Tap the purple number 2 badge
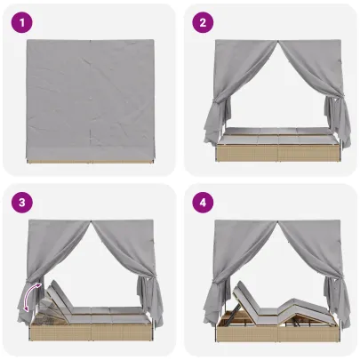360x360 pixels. point(204,24)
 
